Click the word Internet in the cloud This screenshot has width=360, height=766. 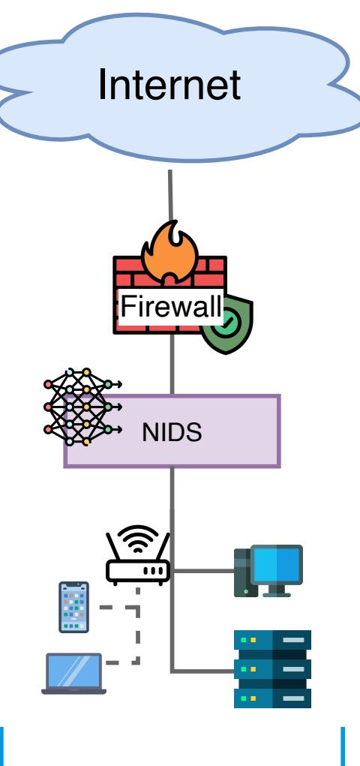click(169, 84)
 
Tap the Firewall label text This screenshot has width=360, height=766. click(172, 307)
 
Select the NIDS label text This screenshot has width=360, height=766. click(172, 432)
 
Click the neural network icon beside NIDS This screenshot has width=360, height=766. click(82, 407)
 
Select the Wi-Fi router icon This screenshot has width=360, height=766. click(138, 555)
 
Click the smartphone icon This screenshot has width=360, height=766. click(73, 607)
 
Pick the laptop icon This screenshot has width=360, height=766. click(73, 674)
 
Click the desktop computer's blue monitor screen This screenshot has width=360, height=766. click(276, 564)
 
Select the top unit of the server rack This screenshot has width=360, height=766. click(272, 640)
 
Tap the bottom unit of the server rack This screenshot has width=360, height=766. click(272, 698)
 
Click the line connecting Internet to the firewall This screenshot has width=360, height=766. click(170, 195)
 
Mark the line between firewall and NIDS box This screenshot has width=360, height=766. click(172, 364)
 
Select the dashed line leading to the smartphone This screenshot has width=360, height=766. click(119, 607)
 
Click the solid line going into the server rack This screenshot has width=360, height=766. click(202, 671)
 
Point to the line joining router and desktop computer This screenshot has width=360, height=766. click(202, 570)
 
